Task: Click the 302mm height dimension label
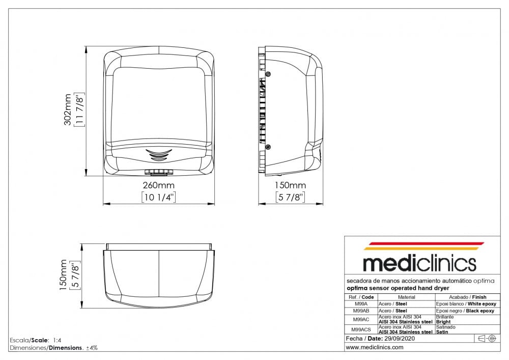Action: [x=68, y=109]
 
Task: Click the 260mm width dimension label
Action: [x=159, y=185]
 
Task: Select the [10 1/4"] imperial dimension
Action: [x=159, y=197]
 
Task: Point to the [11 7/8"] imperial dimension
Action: [x=79, y=109]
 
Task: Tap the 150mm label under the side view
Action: [x=290, y=185]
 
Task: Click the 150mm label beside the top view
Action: [x=63, y=275]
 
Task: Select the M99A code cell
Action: [x=361, y=304]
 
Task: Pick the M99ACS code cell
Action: [x=361, y=329]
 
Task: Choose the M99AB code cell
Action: [x=361, y=311]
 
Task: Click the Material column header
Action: [x=406, y=297]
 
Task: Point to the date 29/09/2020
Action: [x=399, y=339]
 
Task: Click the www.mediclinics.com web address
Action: [x=375, y=347]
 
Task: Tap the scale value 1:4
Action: [x=57, y=341]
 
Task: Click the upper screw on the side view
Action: [x=268, y=74]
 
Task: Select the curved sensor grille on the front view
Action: [x=158, y=154]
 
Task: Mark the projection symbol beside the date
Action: [x=487, y=339]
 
